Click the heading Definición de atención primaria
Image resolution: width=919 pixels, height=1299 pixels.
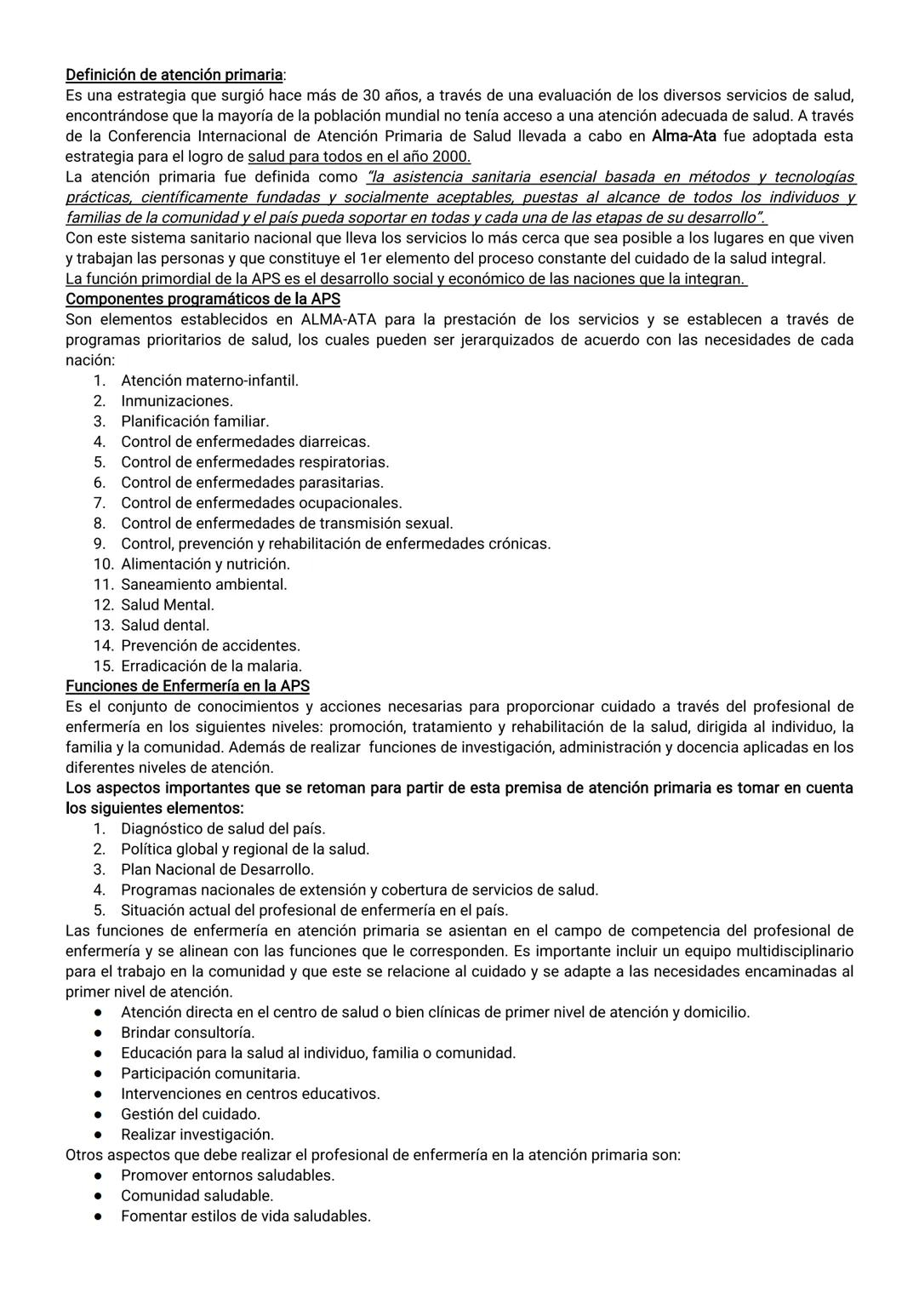[x=174, y=75]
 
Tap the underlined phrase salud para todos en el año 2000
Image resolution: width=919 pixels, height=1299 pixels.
[x=358, y=157]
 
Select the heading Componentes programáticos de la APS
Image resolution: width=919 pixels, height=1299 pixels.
[x=203, y=300]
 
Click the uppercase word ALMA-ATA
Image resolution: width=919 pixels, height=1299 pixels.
[x=337, y=320]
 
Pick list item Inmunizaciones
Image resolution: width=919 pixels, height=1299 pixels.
[x=176, y=401]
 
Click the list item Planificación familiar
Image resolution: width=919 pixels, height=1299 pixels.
[x=194, y=421]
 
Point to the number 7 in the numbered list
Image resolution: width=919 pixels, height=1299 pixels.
[x=100, y=503]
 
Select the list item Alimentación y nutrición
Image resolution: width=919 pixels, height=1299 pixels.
[x=205, y=564]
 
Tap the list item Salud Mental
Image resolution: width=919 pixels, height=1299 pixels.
[x=167, y=605]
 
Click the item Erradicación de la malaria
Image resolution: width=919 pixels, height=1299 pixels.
[x=211, y=667]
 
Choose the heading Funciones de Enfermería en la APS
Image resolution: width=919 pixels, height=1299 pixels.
[x=187, y=686]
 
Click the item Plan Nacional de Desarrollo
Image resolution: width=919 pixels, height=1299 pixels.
[x=217, y=870]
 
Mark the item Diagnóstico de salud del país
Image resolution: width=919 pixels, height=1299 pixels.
[x=223, y=829]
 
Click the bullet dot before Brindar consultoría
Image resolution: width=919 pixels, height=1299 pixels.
[x=100, y=1033]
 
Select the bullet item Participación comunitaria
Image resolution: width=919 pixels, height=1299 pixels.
[x=210, y=1073]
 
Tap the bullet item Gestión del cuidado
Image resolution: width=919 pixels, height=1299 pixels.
[x=191, y=1114]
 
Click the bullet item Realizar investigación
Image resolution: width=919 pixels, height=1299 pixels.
[x=197, y=1135]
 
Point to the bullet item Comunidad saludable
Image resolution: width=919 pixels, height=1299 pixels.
[x=197, y=1196]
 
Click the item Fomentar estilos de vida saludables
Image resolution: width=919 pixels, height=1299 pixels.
[x=245, y=1216]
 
